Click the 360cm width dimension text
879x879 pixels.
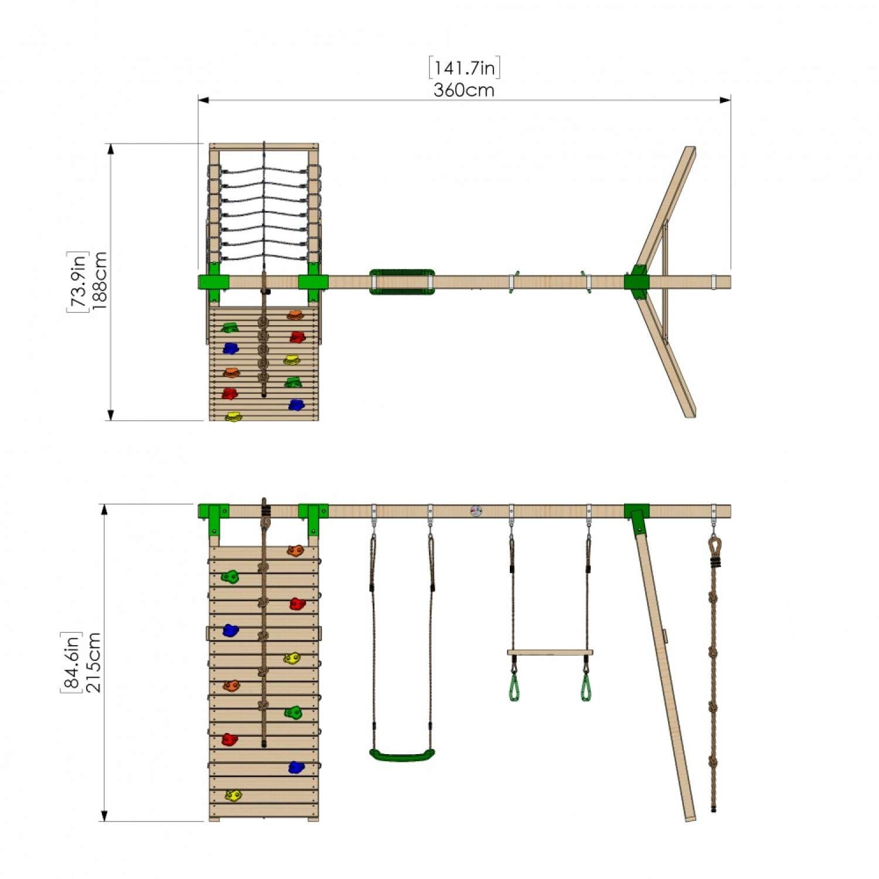[464, 90]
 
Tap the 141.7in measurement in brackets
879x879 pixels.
[464, 68]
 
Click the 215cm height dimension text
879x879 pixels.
[94, 662]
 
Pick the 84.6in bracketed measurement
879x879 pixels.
[71, 662]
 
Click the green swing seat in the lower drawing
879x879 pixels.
[402, 755]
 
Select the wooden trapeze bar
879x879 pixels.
[550, 652]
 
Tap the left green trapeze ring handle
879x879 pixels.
[514, 688]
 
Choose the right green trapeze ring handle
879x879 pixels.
[586, 688]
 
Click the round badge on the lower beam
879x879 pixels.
[476, 511]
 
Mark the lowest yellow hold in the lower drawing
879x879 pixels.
[233, 795]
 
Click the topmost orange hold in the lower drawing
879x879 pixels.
[295, 551]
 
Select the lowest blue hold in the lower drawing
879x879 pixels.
[297, 767]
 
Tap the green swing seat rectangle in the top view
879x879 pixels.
[402, 282]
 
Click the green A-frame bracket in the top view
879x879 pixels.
[636, 282]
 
